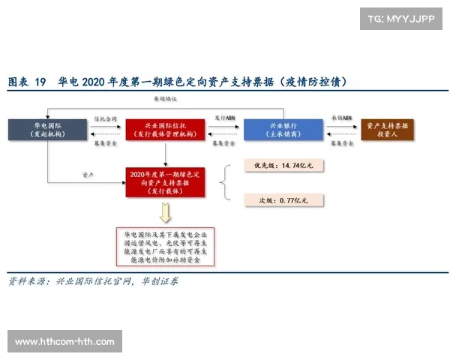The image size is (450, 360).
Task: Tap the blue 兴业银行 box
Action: [x=276, y=129]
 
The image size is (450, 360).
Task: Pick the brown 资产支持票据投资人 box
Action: [x=391, y=129]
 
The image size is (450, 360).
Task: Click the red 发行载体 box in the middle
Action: [x=165, y=181]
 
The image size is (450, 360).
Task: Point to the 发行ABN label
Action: [x=224, y=118]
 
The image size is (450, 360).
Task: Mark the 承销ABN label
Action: [x=340, y=118]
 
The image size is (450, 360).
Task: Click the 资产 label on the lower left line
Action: [x=87, y=174]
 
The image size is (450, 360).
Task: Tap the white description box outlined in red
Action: [x=165, y=248]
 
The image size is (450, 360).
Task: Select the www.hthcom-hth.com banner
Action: [x=65, y=341]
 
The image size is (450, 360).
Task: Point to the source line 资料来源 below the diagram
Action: [x=94, y=282]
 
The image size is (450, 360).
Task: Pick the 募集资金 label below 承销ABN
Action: [x=340, y=140]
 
